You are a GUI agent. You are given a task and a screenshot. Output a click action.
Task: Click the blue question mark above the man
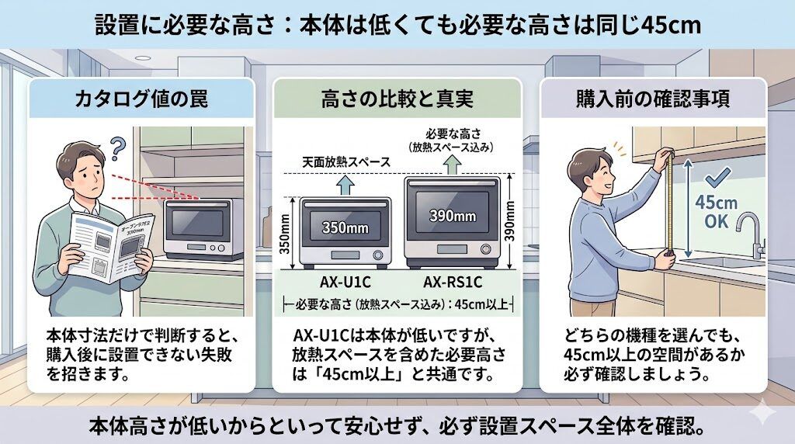click(x=117, y=145)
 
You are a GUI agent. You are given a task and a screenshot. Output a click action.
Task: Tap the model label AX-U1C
click(x=342, y=282)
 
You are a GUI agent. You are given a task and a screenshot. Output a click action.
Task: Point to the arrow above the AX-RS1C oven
click(x=450, y=163)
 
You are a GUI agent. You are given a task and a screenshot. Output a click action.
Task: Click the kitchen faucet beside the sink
click(x=749, y=233)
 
